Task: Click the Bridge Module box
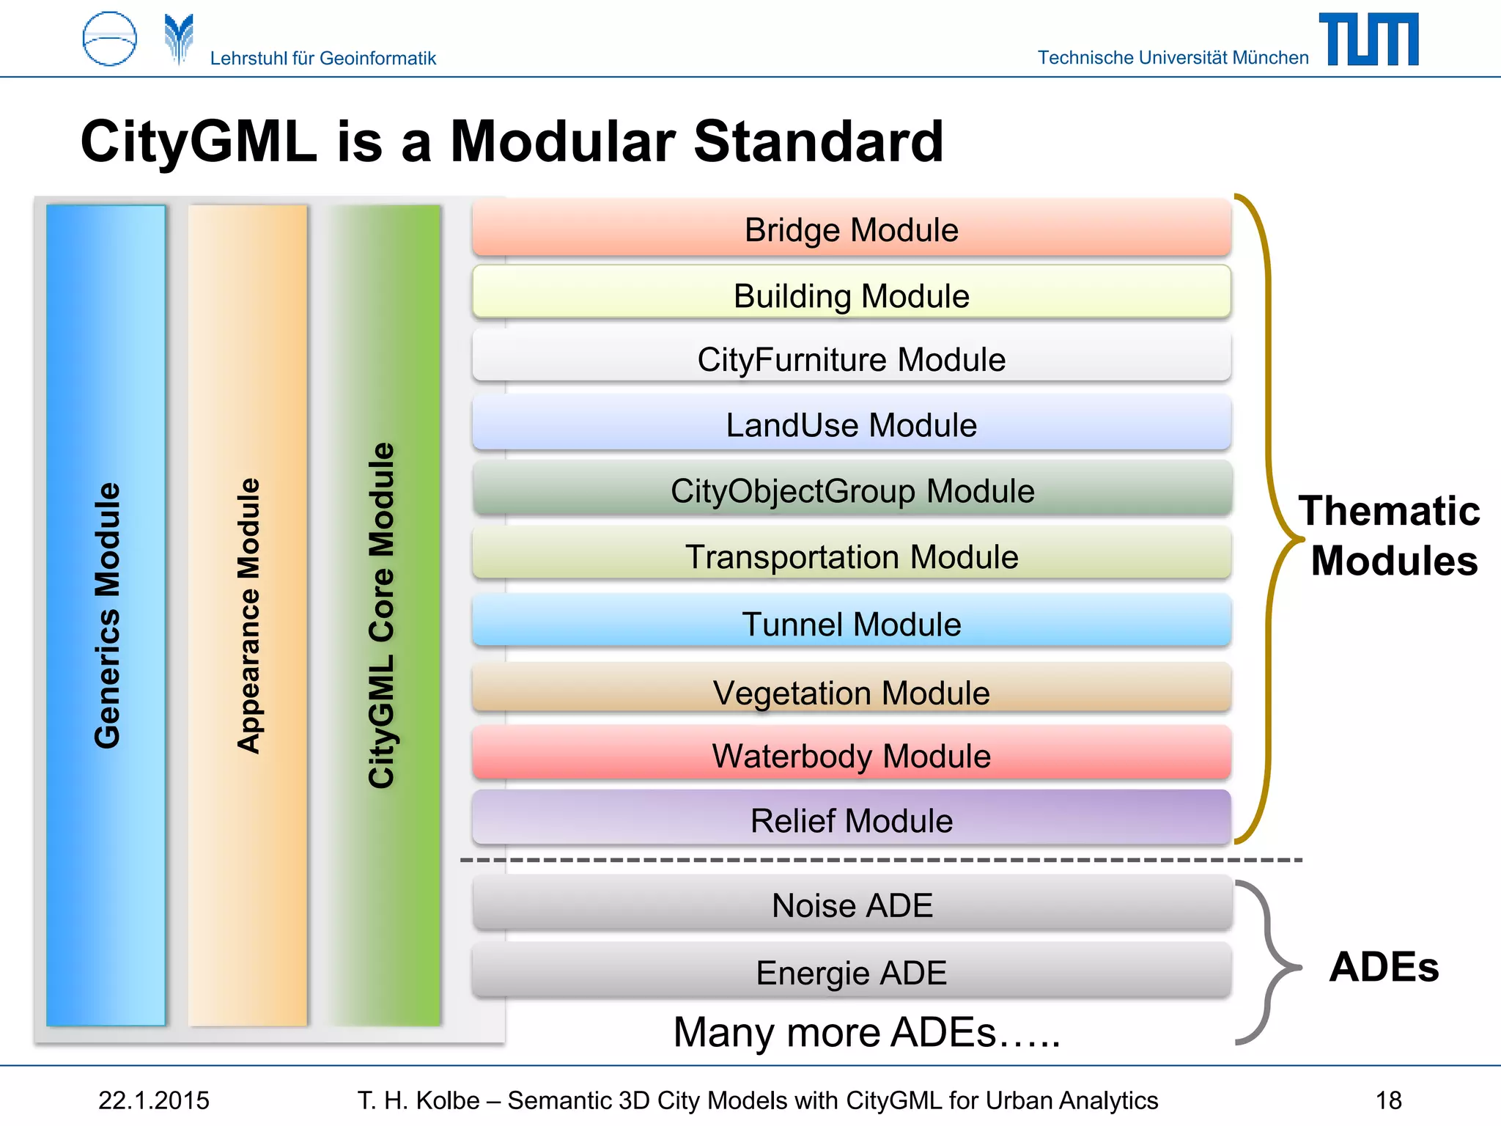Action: point(851,229)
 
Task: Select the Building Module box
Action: point(851,294)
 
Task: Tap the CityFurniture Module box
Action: point(851,358)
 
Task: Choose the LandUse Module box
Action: point(851,424)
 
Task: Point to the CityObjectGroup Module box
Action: point(851,490)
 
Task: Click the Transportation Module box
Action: point(851,555)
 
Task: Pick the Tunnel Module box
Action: point(851,622)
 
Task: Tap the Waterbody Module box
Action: point(851,754)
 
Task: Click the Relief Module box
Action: point(851,819)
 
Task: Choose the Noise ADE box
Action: point(851,904)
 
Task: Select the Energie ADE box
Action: point(851,971)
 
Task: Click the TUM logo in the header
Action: point(1368,40)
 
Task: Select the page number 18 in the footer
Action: point(1388,1100)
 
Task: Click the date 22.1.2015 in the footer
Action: point(154,1100)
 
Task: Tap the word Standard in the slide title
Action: point(818,141)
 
